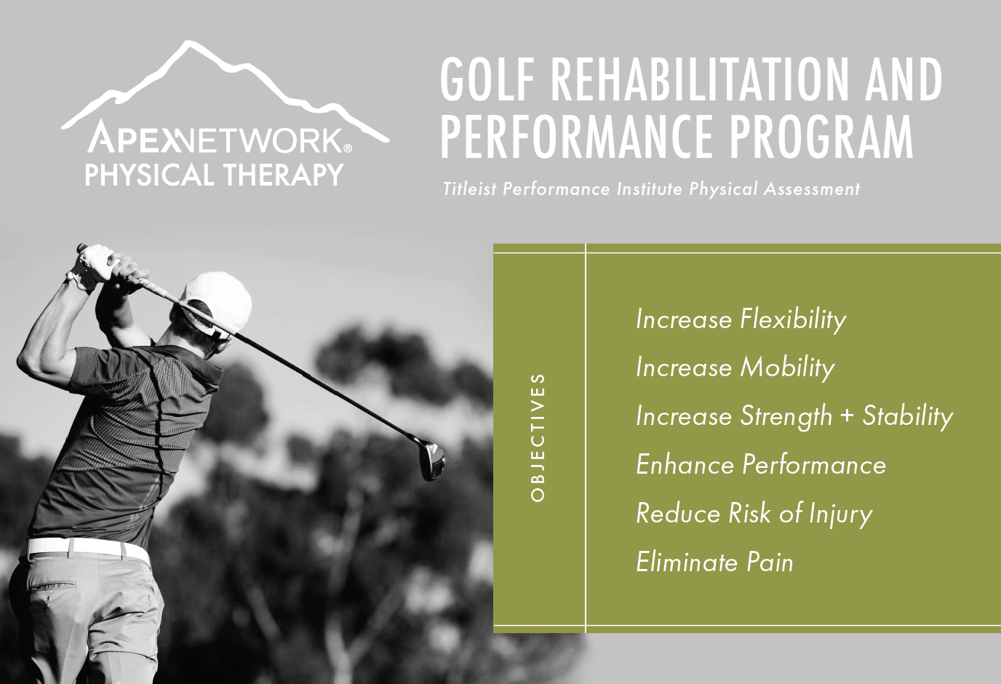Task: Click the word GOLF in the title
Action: coord(488,80)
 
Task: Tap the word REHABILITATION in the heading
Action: coord(701,80)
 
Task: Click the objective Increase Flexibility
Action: coord(741,320)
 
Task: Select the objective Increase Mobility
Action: coord(735,368)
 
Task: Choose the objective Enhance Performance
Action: coord(761,465)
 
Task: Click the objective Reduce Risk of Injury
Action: coord(754,514)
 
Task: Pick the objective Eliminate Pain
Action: coord(714,562)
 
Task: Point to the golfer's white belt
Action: coord(87,550)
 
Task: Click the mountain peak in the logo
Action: coord(188,44)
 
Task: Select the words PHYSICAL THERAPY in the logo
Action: coord(214,175)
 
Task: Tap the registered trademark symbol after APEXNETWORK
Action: coord(348,148)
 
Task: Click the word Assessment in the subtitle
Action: coord(812,188)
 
